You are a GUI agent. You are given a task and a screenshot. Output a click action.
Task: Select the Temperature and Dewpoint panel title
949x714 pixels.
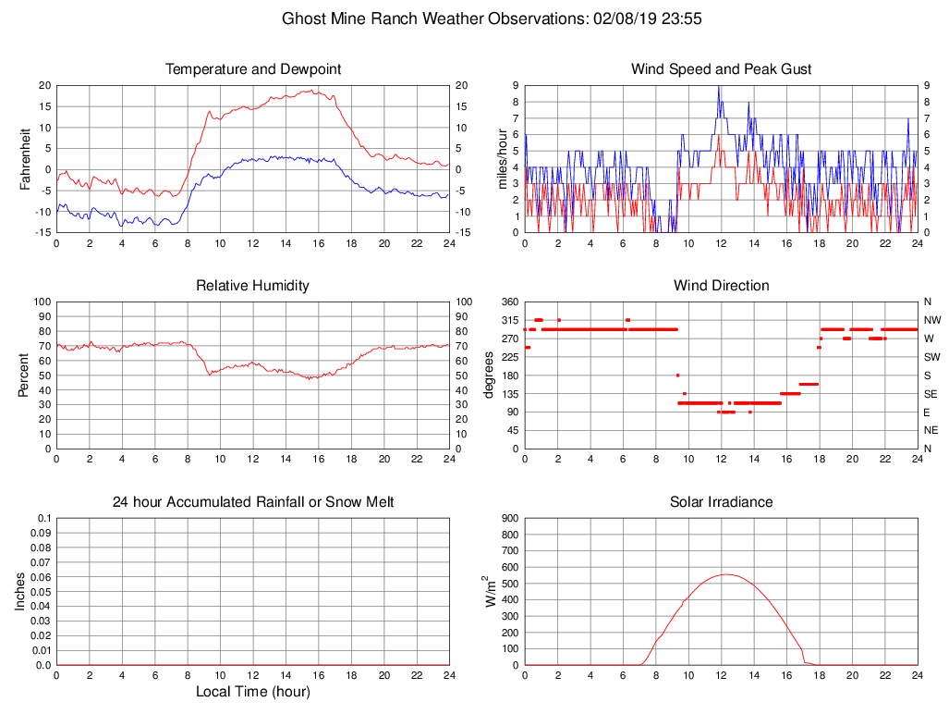[253, 69]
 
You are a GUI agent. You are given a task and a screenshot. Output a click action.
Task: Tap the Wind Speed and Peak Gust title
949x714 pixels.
[721, 69]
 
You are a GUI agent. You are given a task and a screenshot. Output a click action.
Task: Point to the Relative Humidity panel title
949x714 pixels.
[253, 286]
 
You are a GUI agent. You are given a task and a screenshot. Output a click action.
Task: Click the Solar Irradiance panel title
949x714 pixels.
[721, 502]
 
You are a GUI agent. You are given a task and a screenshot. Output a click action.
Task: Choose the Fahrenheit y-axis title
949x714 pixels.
[25, 158]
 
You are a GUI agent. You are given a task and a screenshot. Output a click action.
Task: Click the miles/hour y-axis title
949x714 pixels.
[504, 158]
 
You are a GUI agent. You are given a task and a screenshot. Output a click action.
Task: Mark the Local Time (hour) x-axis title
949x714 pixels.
[253, 692]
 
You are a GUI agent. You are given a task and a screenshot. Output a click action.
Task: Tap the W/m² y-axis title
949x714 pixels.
[490, 592]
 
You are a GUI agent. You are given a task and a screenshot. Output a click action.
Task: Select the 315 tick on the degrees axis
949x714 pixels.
[509, 320]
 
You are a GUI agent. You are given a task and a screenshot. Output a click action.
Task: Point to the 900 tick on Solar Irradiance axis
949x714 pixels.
[509, 518]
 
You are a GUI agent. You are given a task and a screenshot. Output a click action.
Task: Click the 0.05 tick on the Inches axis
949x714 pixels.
[40, 592]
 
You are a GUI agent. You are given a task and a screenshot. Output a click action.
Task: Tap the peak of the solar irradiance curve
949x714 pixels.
[726, 574]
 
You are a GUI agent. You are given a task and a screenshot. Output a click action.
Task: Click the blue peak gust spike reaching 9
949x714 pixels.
[719, 87]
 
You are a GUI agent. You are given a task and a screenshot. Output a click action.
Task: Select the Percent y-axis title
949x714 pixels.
[25, 375]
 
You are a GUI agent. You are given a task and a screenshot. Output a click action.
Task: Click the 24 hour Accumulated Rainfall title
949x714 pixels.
[253, 502]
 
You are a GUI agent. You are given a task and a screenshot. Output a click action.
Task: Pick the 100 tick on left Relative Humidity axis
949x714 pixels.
[42, 302]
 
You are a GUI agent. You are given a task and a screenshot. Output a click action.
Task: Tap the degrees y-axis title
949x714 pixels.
[490, 375]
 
